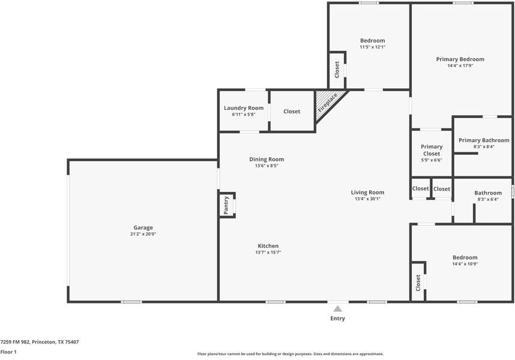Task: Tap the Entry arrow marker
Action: [338, 308]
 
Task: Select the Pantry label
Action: [226, 205]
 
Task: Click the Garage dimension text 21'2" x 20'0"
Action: [143, 234]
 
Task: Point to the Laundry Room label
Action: [244, 108]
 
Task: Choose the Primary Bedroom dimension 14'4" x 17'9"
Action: [460, 65]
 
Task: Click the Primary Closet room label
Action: [432, 150]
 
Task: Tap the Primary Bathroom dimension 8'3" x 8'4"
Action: [484, 146]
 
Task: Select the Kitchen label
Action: [268, 246]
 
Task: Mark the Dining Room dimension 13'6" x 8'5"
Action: [267, 166]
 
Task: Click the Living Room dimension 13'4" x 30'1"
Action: [367, 199]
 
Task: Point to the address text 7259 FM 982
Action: [15, 342]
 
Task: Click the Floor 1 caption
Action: [8, 352]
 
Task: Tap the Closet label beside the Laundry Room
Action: [292, 112]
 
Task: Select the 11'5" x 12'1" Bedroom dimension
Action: [373, 47]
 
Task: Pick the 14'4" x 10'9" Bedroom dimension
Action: [465, 264]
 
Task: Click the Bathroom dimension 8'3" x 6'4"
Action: [488, 199]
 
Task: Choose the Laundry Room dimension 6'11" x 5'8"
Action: [244, 115]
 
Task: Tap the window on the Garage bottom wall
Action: [131, 302]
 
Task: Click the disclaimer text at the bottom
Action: [291, 354]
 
